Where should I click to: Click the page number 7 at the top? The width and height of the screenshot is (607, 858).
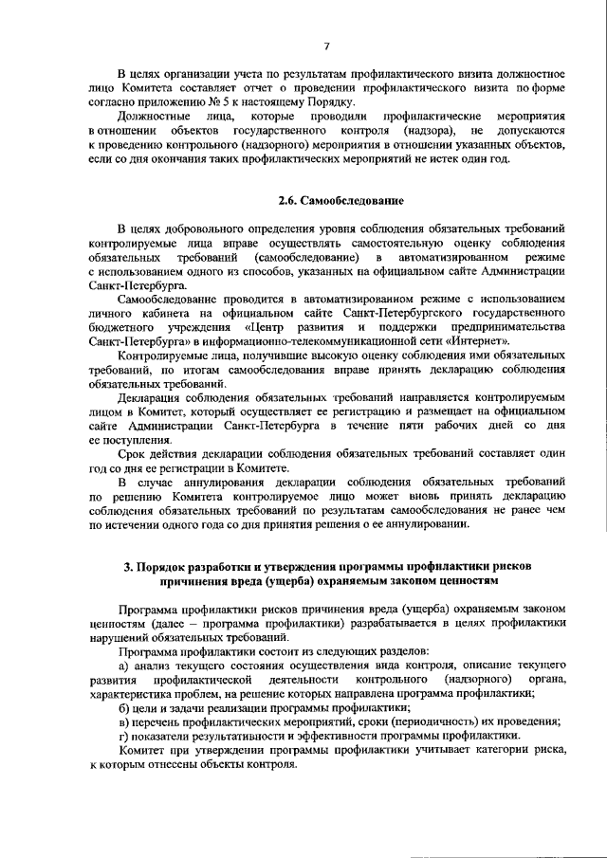[x=325, y=46]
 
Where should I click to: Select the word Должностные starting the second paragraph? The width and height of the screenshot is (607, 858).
[x=156, y=116]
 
